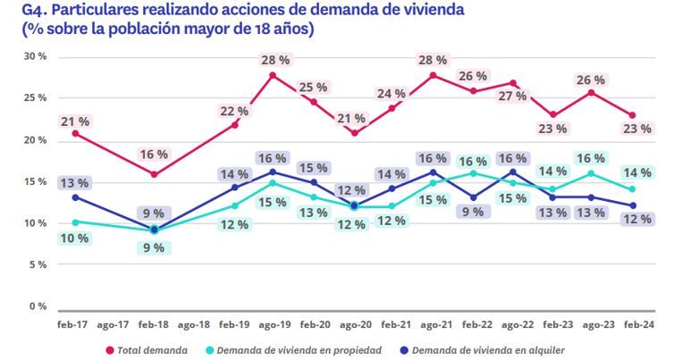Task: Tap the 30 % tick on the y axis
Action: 36,57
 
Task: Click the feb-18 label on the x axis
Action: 154,326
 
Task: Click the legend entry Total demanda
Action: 148,349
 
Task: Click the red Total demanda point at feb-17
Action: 74,133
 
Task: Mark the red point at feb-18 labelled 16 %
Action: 154,174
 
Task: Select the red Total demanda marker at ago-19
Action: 274,75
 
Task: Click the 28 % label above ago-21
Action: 434,60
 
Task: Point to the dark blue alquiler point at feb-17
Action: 74,197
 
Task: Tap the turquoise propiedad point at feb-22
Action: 475,173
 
